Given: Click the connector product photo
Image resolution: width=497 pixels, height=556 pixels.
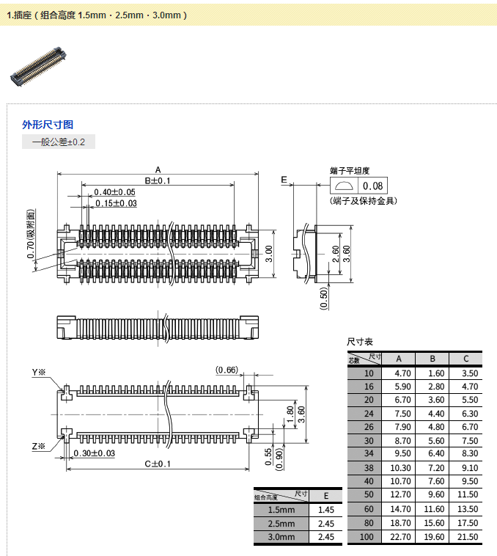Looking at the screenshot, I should [37, 67].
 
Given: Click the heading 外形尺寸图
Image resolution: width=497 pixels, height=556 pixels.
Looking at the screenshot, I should [48, 125].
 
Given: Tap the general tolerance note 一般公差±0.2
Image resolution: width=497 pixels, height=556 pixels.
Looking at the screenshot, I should [59, 142].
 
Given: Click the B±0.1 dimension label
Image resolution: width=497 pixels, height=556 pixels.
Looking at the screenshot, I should [157, 180].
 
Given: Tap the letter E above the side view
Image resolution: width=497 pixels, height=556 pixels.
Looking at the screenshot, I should [284, 180].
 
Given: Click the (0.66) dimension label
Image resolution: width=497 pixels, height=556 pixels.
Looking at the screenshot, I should [227, 370].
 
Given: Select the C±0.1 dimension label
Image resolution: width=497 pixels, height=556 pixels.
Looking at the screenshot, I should [158, 464].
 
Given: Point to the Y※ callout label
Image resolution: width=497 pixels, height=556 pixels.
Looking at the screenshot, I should [38, 373].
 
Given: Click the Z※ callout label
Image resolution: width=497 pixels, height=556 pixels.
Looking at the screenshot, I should [38, 445].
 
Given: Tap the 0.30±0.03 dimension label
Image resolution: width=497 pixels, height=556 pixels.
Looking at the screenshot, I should [94, 453].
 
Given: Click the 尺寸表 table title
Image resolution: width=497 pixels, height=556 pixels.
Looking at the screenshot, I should [360, 343].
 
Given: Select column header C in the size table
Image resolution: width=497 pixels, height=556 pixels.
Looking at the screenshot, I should [466, 359].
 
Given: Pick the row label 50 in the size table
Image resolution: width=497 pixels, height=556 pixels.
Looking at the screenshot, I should [369, 495].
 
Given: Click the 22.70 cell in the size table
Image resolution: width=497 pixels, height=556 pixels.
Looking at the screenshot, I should [399, 537].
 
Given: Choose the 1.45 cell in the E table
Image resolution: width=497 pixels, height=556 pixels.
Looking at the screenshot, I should [326, 510].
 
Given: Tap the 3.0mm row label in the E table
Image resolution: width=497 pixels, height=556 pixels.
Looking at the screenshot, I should [281, 538].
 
